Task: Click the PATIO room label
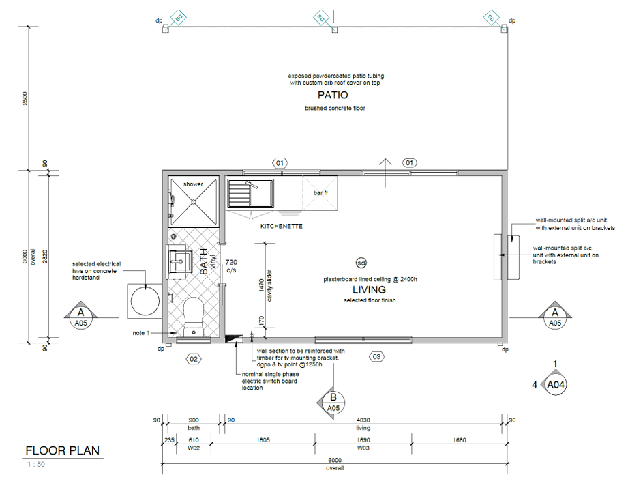(333, 95)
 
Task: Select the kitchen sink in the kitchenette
(251, 193)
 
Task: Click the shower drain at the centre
(194, 201)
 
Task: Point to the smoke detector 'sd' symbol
(361, 263)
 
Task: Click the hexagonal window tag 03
(376, 356)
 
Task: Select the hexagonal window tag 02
(194, 359)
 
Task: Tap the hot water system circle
(145, 301)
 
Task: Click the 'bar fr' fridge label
(320, 193)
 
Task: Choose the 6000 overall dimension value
(335, 461)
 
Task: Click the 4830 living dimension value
(363, 420)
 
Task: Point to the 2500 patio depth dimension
(25, 98)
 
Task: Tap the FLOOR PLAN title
(63, 450)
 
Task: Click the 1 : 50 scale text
(36, 464)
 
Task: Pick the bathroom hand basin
(180, 261)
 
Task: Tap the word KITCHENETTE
(282, 226)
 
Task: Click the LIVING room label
(369, 289)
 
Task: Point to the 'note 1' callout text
(141, 333)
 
